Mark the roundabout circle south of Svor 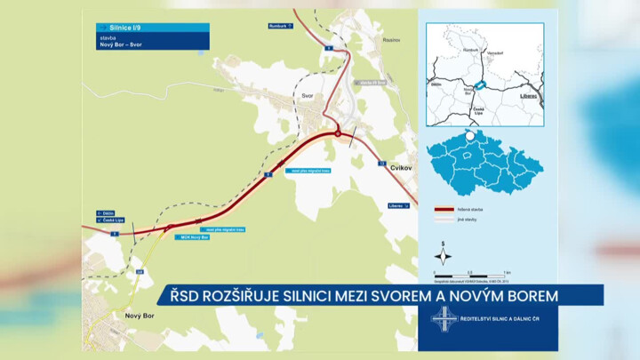point(338,133)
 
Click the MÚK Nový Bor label point(193,238)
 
